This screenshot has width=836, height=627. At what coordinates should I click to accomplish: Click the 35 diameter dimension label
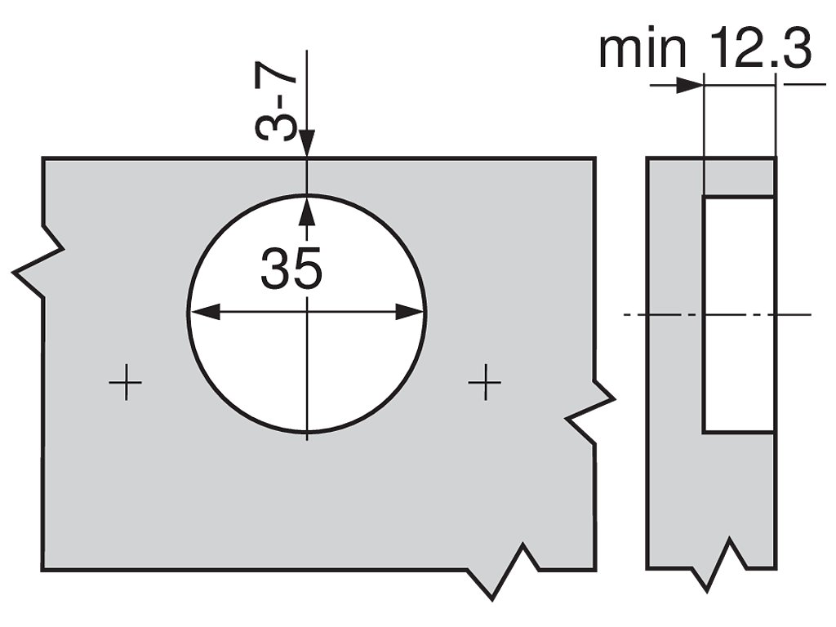pos(291,269)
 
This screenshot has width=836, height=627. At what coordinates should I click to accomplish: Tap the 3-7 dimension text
pos(276,104)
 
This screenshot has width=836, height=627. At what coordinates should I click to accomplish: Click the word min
pos(642,51)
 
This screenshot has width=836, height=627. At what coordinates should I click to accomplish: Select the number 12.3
pos(760,51)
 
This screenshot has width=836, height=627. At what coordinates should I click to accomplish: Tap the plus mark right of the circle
pos(485,381)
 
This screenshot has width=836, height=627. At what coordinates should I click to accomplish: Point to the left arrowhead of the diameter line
pos(202,312)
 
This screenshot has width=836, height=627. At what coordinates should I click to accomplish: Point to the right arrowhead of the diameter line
pos(410,312)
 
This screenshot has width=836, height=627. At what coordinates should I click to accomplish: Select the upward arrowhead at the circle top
pos(307,209)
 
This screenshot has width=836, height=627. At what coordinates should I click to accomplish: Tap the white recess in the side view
pos(738,314)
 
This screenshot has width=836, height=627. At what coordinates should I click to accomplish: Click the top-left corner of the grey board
pos(43,158)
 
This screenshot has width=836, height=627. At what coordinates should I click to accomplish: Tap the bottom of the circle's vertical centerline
pos(307,438)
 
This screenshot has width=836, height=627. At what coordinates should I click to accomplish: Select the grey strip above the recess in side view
pos(738,177)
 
